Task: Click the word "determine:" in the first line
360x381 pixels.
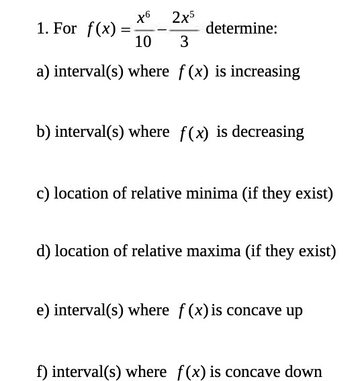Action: pyautogui.click(x=242, y=29)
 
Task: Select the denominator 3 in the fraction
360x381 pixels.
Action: pyautogui.click(x=183, y=42)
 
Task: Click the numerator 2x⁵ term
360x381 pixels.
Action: pyautogui.click(x=183, y=16)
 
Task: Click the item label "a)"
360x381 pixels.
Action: pyautogui.click(x=43, y=72)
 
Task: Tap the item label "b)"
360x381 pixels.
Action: pyautogui.click(x=44, y=131)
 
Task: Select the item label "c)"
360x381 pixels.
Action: pyautogui.click(x=43, y=193)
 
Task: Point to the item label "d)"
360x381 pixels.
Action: pyautogui.click(x=44, y=251)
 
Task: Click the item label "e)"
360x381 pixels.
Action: pyautogui.click(x=43, y=311)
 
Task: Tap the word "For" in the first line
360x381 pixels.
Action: pyautogui.click(x=65, y=30)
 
